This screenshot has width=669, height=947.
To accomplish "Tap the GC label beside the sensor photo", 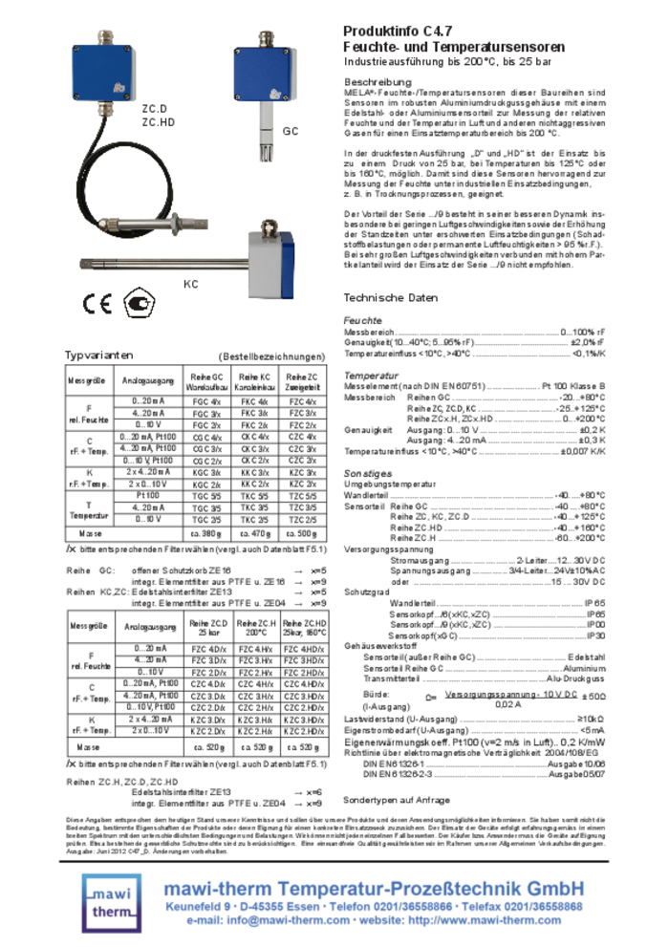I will point(291,130).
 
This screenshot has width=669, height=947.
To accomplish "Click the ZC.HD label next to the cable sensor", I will point(159,122).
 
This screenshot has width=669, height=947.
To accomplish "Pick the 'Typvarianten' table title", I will point(99,355).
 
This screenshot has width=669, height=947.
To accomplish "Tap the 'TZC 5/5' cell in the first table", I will point(303,496).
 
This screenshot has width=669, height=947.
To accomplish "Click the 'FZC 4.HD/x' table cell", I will point(304,649).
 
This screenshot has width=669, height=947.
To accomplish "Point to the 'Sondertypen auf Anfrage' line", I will point(396,799).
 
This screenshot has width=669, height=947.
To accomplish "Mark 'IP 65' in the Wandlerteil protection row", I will point(594,603).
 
